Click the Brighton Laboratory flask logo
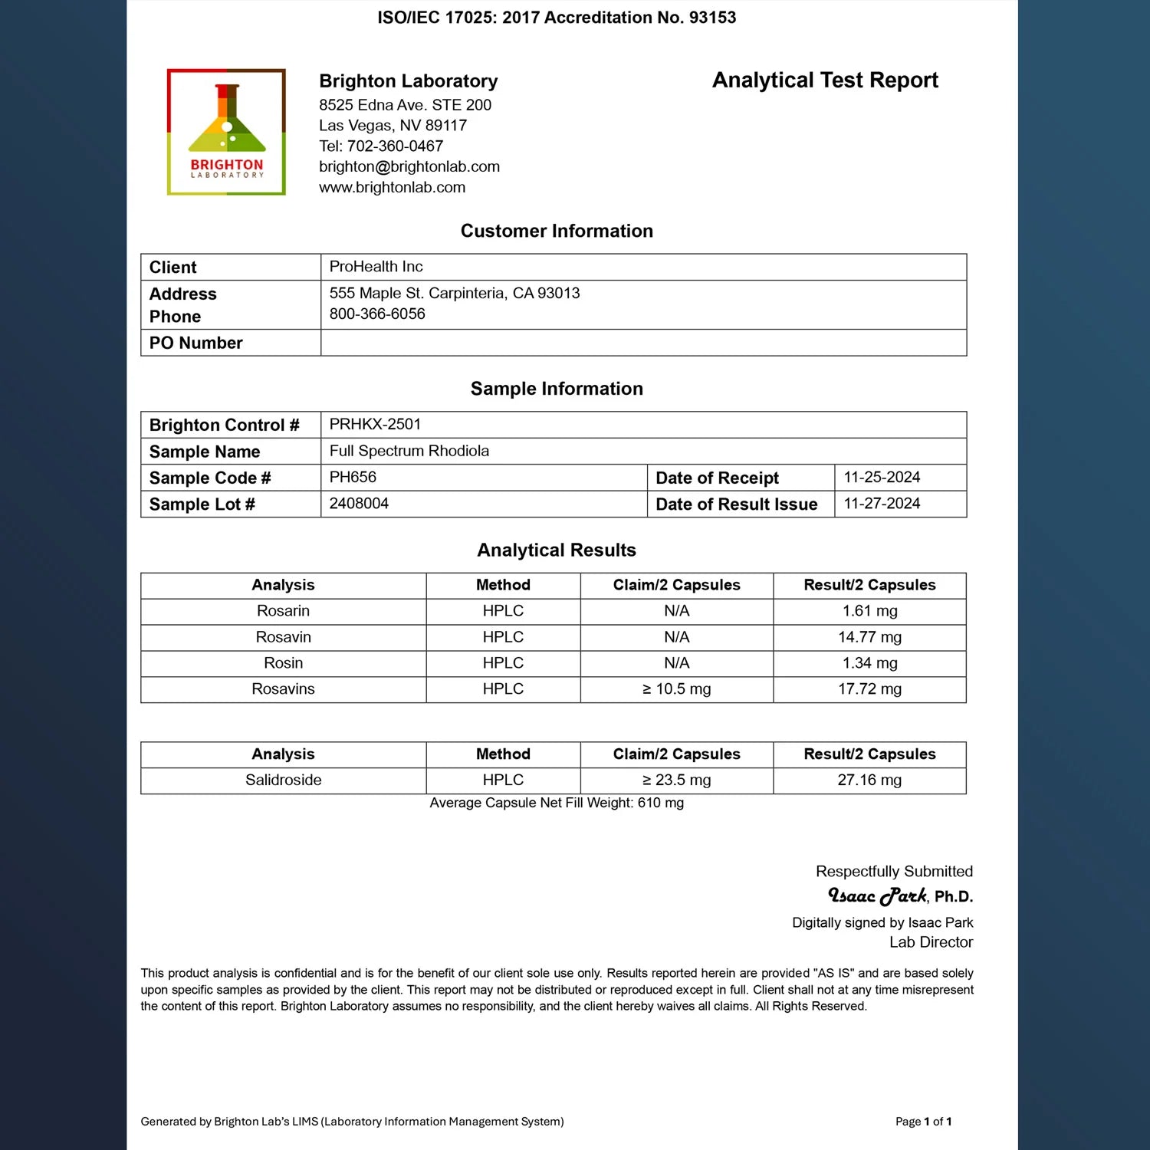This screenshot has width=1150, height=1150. [x=226, y=131]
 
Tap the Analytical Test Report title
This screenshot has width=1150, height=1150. [x=825, y=80]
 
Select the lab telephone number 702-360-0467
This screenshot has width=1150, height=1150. [x=395, y=146]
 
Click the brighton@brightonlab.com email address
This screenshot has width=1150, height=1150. [x=409, y=167]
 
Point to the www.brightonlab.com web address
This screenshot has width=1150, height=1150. [x=392, y=188]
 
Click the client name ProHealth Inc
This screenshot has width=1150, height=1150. [x=376, y=267]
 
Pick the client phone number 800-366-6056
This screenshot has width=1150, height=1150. [x=377, y=314]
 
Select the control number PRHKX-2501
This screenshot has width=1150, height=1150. [x=375, y=425]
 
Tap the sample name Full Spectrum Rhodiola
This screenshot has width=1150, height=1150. [x=409, y=452]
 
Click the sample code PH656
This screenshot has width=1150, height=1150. [x=353, y=478]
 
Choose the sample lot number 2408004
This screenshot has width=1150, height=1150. [x=359, y=504]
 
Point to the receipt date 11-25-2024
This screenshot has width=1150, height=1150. [x=882, y=478]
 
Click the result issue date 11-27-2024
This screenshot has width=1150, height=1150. [x=882, y=504]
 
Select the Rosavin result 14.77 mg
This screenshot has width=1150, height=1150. [x=869, y=637]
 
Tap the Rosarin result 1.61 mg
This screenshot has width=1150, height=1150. [x=869, y=611]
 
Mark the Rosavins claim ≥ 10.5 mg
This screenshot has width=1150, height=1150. [x=676, y=689]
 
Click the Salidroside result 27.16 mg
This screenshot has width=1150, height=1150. [x=869, y=780]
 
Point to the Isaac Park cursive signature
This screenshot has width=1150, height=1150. [x=877, y=895]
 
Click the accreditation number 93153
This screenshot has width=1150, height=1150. [x=712, y=18]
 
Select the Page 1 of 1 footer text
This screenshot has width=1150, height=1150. [x=923, y=1122]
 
